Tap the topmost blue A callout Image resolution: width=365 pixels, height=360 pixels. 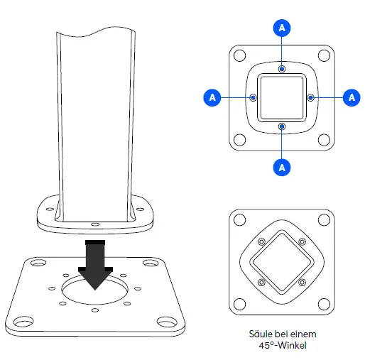[x=283, y=28]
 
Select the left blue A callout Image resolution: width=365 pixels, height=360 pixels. [x=211, y=97]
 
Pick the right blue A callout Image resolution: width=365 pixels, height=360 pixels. [x=351, y=97]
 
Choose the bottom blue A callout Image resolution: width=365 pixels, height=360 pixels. [x=283, y=167]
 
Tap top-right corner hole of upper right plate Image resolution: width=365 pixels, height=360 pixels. [x=324, y=55]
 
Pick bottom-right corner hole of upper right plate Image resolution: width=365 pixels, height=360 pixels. [x=324, y=139]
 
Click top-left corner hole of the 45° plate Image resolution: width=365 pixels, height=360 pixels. [x=241, y=222]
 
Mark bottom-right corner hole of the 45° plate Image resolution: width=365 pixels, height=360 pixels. [x=324, y=305]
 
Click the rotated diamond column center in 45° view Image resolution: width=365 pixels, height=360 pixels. [x=283, y=263]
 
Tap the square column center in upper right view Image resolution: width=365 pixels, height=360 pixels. [x=283, y=97]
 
